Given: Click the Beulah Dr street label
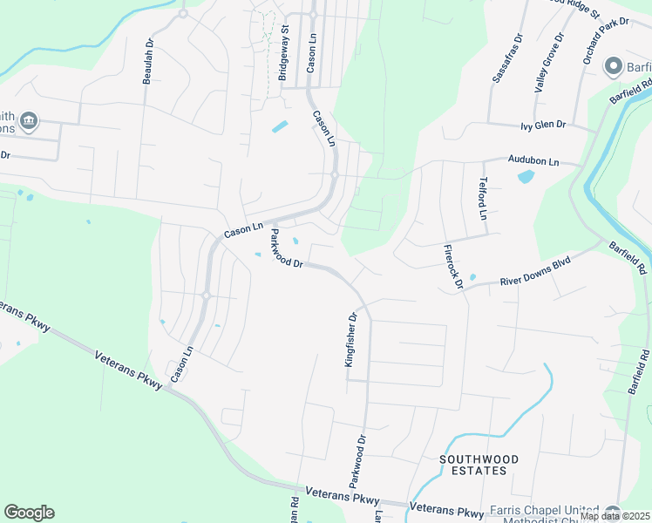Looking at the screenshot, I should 149,61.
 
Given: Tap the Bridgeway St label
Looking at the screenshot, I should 283,53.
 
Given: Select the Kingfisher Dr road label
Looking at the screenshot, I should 352,341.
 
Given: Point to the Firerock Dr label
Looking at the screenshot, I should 452,265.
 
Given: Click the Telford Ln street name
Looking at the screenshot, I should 480,199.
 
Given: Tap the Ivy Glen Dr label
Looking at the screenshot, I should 543,126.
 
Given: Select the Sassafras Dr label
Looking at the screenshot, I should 506,59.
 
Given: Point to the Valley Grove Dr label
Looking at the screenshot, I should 550,63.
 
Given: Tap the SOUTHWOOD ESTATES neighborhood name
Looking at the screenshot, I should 479,465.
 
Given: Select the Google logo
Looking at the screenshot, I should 29,513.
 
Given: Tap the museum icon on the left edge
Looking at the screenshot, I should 29,120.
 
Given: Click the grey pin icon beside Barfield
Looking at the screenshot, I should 613,66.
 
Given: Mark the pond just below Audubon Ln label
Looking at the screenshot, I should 526,177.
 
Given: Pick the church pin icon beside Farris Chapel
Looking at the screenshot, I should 614,513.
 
